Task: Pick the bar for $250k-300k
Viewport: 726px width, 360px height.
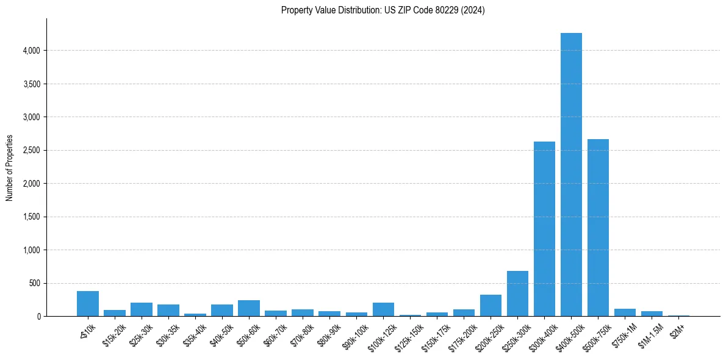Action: pos(517,293)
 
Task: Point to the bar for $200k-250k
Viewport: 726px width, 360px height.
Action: pos(491,306)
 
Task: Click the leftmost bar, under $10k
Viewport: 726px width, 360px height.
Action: pos(88,304)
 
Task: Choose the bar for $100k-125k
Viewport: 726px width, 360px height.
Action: pos(383,309)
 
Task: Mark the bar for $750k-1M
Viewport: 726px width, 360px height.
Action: pos(625,312)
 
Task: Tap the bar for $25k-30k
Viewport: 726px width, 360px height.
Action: pos(142,309)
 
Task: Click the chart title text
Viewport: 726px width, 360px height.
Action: pos(383,10)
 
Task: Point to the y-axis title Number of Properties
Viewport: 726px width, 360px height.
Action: pos(10,168)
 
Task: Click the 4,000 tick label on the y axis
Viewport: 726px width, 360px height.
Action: pos(31,51)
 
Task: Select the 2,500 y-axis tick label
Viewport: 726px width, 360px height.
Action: pos(31,150)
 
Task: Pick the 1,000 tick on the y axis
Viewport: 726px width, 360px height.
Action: pos(31,250)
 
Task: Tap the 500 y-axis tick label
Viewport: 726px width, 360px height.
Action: pos(34,283)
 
